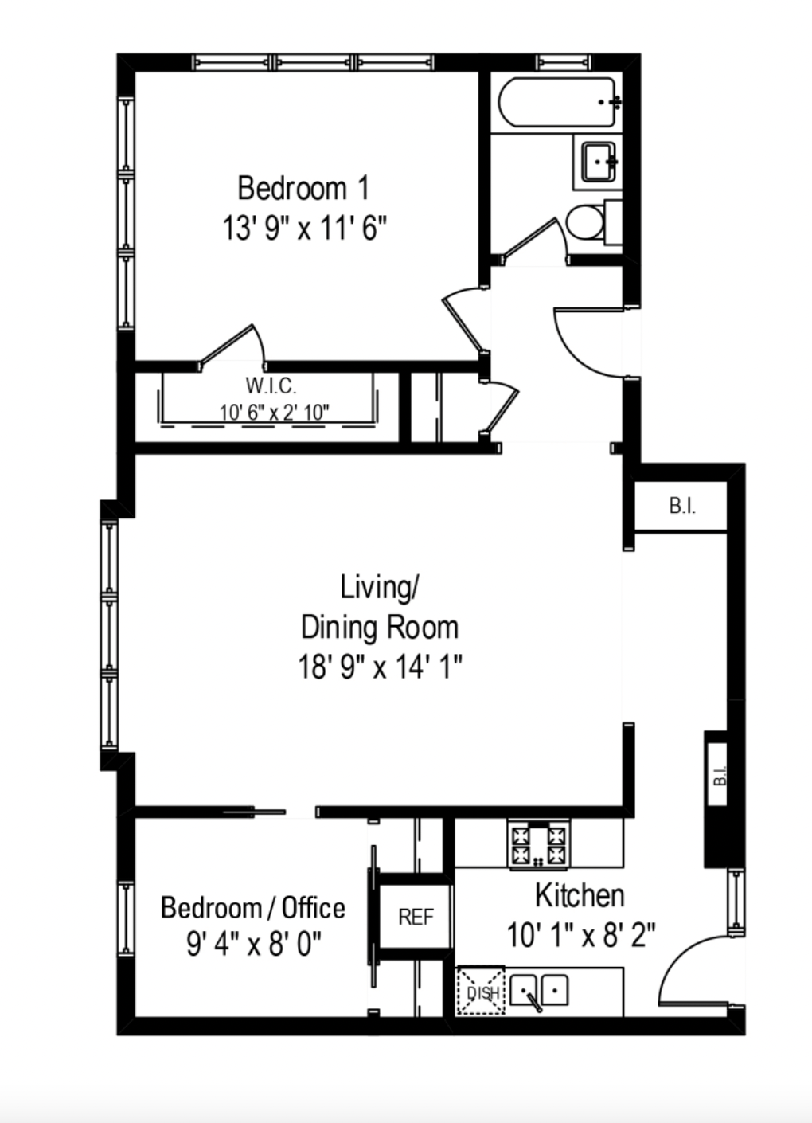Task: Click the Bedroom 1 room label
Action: (x=303, y=189)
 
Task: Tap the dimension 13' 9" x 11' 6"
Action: (x=303, y=229)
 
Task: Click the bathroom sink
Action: (x=596, y=162)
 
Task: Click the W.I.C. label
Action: (x=271, y=386)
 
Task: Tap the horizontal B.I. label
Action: (x=681, y=507)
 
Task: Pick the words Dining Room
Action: (x=379, y=628)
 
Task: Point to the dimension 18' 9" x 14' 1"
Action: (x=380, y=666)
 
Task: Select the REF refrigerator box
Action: (x=416, y=917)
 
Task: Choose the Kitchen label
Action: (x=579, y=895)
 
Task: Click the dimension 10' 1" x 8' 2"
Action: (x=580, y=934)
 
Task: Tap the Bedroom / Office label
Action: (x=252, y=908)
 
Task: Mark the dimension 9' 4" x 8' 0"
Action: (x=253, y=945)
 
